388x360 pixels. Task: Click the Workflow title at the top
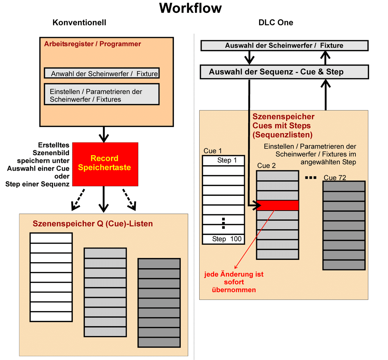[190, 8]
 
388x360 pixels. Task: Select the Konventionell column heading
[79, 23]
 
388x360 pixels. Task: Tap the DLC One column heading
[276, 23]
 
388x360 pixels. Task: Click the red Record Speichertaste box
[105, 164]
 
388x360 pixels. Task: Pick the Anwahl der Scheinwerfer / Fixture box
[102, 73]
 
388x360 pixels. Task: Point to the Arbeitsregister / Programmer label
[92, 44]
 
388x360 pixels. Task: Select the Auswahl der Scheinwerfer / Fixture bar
[284, 46]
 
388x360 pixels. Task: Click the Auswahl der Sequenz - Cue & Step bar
[284, 72]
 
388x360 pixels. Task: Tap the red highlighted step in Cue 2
[278, 205]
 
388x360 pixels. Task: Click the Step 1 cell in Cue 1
[224, 160]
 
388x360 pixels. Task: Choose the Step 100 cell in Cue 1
[224, 239]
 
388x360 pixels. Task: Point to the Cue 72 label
[335, 178]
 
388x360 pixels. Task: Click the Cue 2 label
[266, 166]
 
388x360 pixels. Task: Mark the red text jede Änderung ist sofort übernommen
[234, 282]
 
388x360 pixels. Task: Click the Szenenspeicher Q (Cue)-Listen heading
[93, 223]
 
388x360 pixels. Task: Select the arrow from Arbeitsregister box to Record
[103, 134]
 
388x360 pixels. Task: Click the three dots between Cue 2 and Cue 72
[310, 177]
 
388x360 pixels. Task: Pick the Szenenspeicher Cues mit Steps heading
[283, 126]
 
